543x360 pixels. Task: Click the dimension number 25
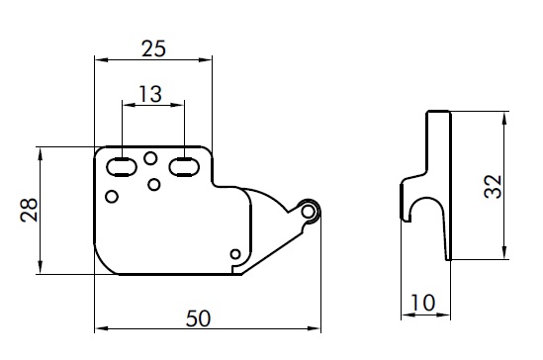coord(153,48)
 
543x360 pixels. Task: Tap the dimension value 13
coord(150,94)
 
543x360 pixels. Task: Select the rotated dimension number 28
coord(29,210)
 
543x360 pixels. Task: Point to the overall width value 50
coord(198,318)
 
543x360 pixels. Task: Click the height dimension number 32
coord(493,187)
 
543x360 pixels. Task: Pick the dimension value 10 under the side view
coord(422,303)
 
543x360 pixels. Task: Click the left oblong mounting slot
coord(122,167)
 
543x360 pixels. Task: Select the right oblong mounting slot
coord(184,167)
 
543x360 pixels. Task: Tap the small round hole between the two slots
coord(150,158)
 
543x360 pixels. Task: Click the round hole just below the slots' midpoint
coord(153,184)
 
